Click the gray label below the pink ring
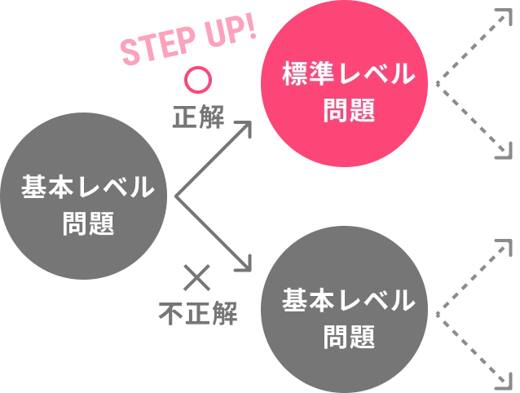click(198, 117)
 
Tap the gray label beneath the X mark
click(198, 312)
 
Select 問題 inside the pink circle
click(348, 111)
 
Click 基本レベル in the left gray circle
click(87, 188)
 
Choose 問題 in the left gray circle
click(87, 223)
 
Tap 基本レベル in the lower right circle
click(348, 301)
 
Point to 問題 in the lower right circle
click(348, 337)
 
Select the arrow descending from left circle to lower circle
click(214, 234)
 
